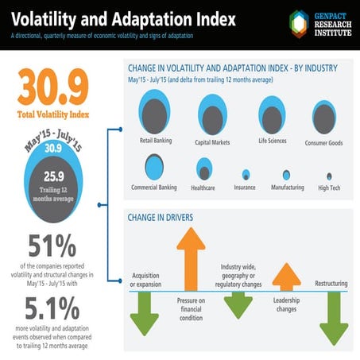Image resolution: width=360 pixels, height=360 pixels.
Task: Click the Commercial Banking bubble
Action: pyautogui.click(x=153, y=168)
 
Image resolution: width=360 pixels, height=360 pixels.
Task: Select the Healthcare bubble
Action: pyautogui.click(x=204, y=169)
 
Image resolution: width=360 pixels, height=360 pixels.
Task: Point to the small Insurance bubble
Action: pyautogui.click(x=246, y=174)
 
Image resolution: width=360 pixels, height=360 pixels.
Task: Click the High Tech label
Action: pyautogui.click(x=328, y=188)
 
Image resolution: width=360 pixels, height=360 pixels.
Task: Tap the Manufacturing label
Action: pyautogui.click(x=287, y=188)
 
